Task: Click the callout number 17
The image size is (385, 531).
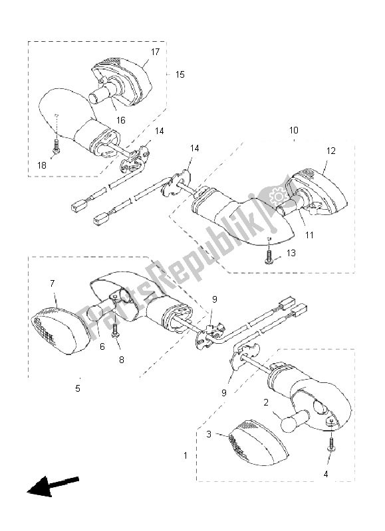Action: (156, 52)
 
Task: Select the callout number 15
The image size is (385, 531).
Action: (180, 74)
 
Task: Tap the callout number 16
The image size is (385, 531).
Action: (121, 120)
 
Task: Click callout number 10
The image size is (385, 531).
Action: (293, 130)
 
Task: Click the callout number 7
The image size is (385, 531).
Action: (53, 285)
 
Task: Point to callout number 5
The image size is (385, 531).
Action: (78, 387)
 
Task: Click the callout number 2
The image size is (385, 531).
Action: (265, 402)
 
